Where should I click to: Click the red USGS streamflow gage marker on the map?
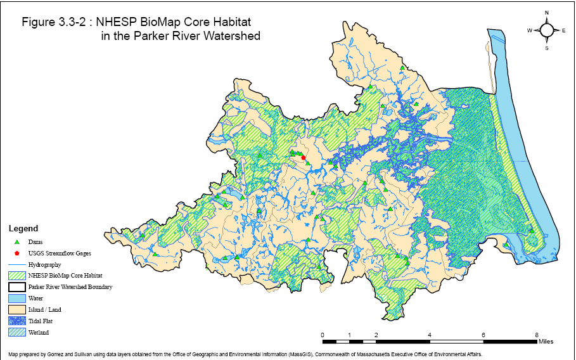click(304, 158)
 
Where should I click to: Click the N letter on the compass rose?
click(547, 13)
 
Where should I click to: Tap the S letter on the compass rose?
click(547, 48)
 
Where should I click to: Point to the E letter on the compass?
click(563, 30)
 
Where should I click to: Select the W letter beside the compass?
click(529, 30)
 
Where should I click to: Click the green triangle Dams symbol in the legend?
click(17, 241)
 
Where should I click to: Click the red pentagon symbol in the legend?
click(17, 253)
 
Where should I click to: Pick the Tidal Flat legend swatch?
click(17, 321)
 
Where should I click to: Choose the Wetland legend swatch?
click(17, 332)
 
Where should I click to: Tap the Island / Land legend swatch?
click(17, 309)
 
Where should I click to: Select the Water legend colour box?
click(17, 298)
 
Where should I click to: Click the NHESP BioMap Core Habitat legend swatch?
click(17, 276)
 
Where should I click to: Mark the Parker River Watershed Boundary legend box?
click(17, 287)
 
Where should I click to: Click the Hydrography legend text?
click(45, 264)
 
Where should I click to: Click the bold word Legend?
click(23, 228)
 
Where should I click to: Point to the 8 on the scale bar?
click(537, 335)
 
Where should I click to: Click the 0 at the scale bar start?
click(323, 335)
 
